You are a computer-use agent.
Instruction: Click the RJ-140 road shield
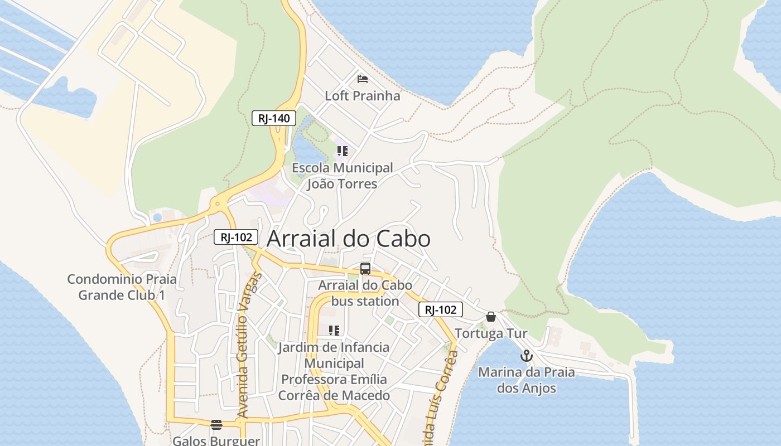pyautogui.click(x=273, y=118)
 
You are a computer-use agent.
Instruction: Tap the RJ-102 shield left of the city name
pyautogui.click(x=236, y=237)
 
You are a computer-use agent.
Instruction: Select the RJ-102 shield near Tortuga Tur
pyautogui.click(x=441, y=309)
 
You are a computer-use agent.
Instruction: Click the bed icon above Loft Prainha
pyautogui.click(x=363, y=79)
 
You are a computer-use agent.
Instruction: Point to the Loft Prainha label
pyautogui.click(x=363, y=96)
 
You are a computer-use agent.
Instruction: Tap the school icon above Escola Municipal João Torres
pyautogui.click(x=342, y=151)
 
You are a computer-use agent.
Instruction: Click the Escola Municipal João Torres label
pyautogui.click(x=343, y=176)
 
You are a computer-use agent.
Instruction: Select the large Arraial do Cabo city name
pyautogui.click(x=349, y=239)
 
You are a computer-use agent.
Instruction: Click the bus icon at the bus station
pyautogui.click(x=365, y=269)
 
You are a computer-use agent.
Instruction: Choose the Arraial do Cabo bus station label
pyautogui.click(x=365, y=293)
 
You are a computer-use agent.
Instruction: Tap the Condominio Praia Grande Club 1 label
pyautogui.click(x=122, y=287)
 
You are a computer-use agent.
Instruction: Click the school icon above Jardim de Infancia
pyautogui.click(x=334, y=331)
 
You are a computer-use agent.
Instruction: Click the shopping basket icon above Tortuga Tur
pyautogui.click(x=491, y=317)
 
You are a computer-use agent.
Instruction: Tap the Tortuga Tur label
pyautogui.click(x=491, y=334)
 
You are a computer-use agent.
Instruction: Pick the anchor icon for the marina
pyautogui.click(x=526, y=355)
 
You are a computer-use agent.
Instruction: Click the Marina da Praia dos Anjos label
pyautogui.click(x=527, y=380)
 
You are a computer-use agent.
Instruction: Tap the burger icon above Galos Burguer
pyautogui.click(x=216, y=425)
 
